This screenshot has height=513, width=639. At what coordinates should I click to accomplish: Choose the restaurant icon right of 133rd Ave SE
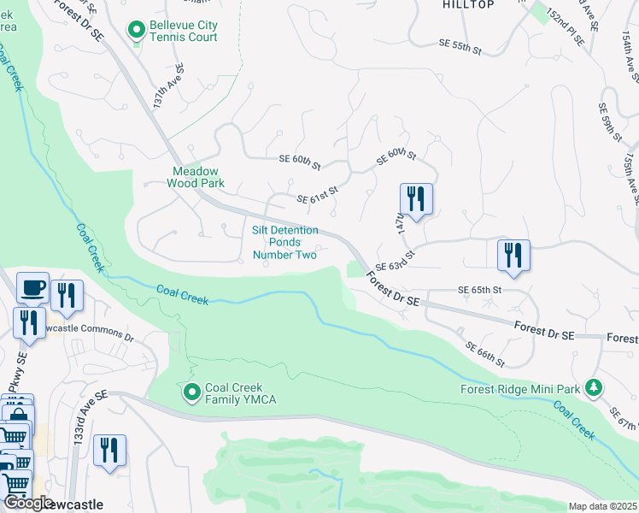(x=109, y=451)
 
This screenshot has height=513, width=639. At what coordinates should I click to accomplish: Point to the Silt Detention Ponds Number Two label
(x=285, y=242)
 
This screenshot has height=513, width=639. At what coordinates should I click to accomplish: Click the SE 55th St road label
(x=460, y=46)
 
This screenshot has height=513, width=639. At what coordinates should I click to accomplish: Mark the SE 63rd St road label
(x=395, y=260)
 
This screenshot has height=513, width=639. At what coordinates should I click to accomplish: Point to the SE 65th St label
(x=479, y=291)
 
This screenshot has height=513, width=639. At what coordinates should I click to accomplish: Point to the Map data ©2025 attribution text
(x=602, y=506)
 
